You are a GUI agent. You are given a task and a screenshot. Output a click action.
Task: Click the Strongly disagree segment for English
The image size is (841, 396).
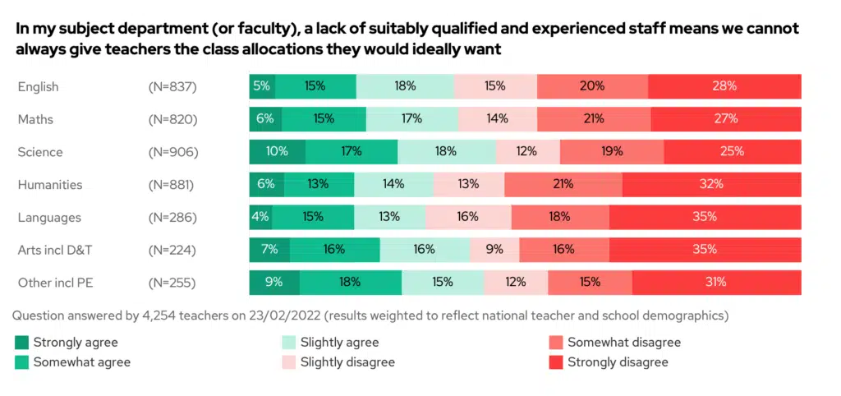(x=724, y=86)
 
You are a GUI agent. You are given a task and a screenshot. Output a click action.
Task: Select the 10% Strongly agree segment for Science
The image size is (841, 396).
(x=278, y=152)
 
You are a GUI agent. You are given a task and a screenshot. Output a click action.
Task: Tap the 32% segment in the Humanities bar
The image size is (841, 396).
(x=711, y=185)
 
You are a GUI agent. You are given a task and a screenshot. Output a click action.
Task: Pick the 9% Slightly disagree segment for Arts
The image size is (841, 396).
(x=494, y=250)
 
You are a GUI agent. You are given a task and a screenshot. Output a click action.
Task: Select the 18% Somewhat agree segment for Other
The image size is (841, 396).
(x=350, y=283)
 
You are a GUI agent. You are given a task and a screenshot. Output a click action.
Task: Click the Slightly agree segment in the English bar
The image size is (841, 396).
(x=405, y=86)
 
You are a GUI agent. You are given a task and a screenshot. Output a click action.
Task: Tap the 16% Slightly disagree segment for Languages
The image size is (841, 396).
(x=468, y=218)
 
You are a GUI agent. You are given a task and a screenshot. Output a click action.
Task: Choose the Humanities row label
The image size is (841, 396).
(x=50, y=185)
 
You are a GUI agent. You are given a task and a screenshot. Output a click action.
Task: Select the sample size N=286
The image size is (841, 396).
(x=172, y=218)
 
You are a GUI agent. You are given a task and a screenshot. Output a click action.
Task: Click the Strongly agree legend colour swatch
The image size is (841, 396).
(x=21, y=343)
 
